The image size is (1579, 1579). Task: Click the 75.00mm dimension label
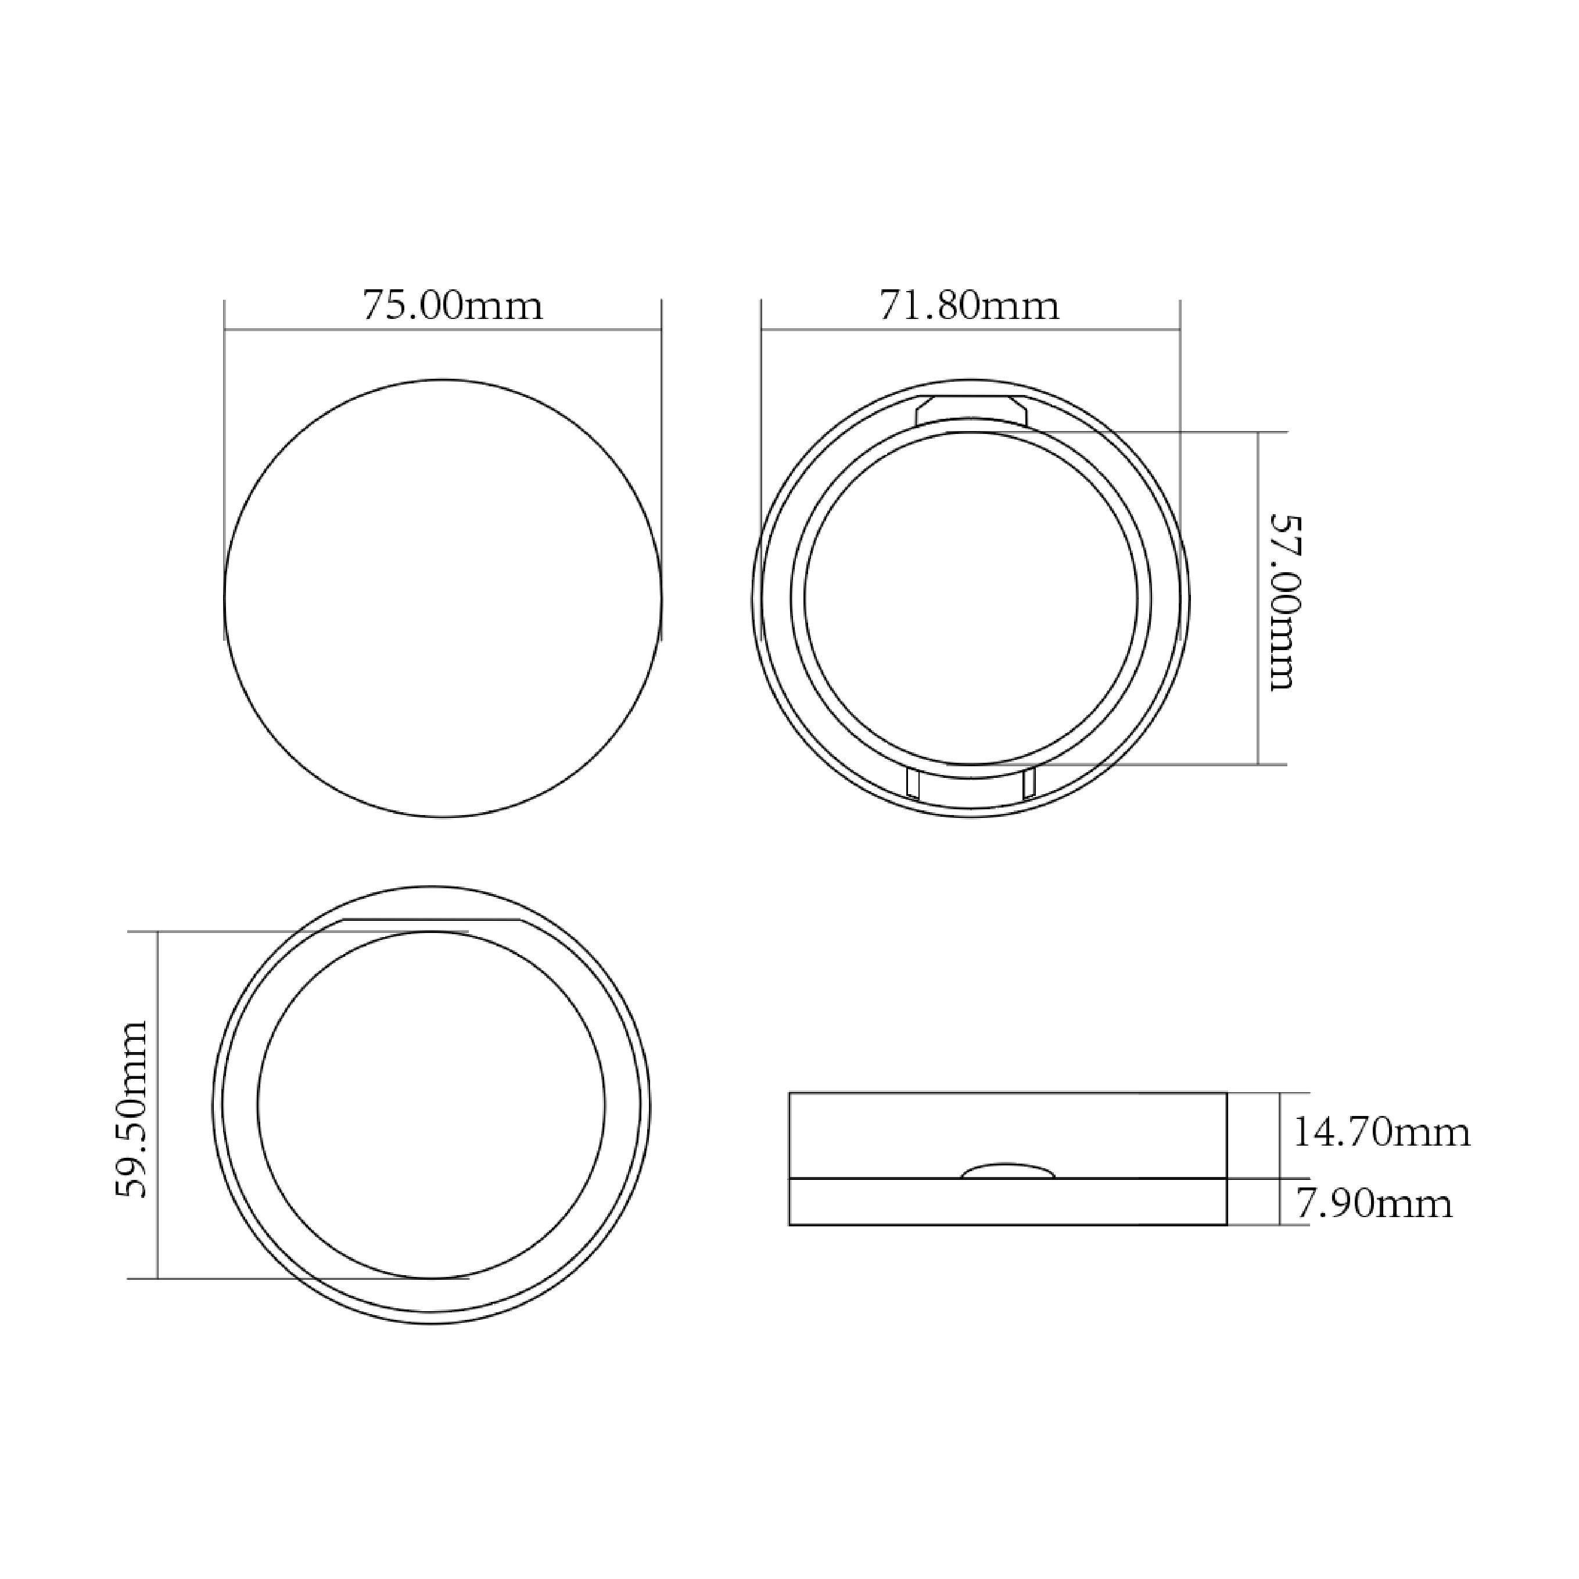[x=452, y=305]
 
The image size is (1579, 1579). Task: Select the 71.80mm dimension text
[x=970, y=305]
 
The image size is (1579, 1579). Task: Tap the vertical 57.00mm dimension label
[x=1282, y=602]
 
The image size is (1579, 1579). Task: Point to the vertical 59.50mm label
[x=131, y=1109]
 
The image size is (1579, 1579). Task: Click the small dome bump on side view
[x=1008, y=1171]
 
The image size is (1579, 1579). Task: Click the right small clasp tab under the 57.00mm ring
[x=1029, y=783]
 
